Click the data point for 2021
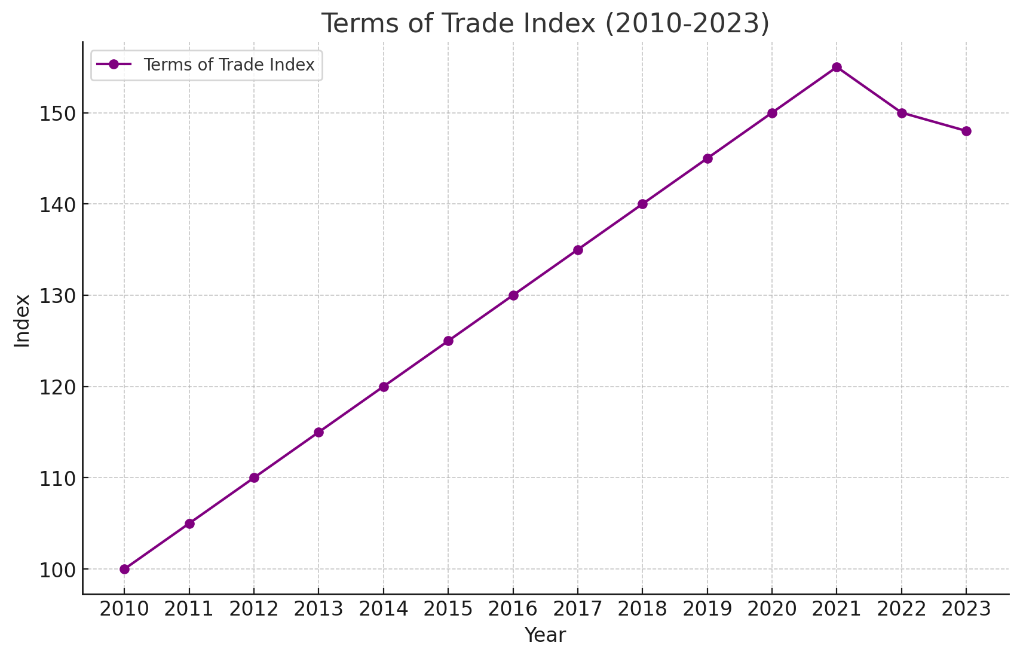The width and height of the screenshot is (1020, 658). (837, 68)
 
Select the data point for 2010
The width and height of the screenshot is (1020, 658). (124, 569)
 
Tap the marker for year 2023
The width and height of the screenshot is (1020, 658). (966, 131)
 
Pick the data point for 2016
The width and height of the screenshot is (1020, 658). (513, 295)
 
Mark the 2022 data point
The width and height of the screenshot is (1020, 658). (902, 113)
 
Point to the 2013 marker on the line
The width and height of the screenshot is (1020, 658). (318, 432)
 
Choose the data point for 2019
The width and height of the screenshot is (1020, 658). (707, 158)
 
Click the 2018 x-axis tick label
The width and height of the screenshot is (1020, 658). (642, 609)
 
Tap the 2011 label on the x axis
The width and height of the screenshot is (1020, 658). (189, 609)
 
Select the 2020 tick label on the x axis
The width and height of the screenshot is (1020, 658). (772, 609)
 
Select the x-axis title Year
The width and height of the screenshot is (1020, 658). (545, 635)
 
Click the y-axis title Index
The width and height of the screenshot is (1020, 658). (23, 320)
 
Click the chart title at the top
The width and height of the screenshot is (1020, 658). (545, 23)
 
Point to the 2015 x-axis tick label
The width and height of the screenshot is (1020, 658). (448, 609)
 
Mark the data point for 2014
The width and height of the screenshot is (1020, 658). (384, 387)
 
